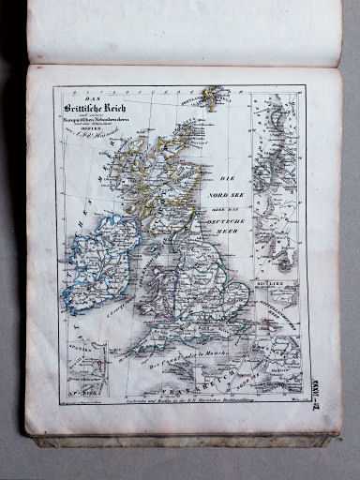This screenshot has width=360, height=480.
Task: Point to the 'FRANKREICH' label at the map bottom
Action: click(x=183, y=386)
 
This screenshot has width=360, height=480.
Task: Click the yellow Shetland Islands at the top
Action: click(x=213, y=95)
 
